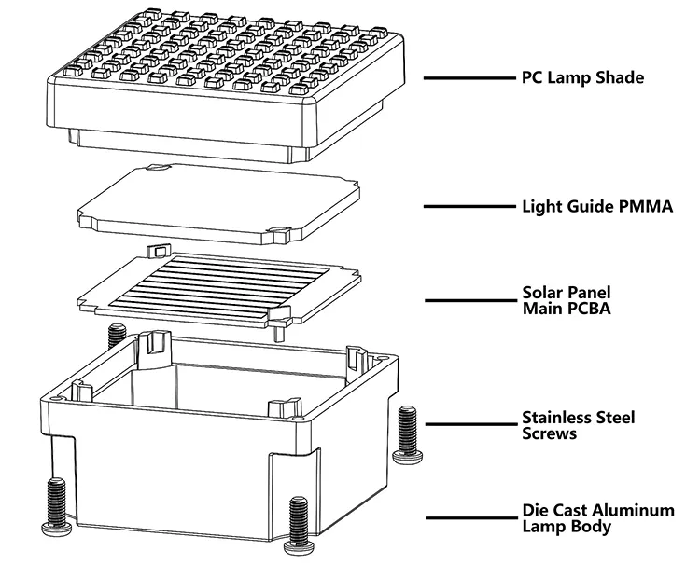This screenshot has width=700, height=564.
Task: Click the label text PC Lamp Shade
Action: click(x=583, y=77)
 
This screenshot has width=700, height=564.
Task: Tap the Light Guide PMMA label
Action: click(x=597, y=206)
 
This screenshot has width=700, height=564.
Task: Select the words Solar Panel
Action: click(x=567, y=293)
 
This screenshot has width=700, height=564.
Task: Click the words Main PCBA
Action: click(x=567, y=309)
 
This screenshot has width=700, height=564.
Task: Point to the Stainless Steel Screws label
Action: click(x=579, y=425)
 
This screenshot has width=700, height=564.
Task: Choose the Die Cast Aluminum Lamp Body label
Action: click(x=598, y=518)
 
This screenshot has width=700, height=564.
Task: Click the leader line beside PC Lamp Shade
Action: click(x=469, y=78)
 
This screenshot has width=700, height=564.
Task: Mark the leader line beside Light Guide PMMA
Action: click(x=469, y=206)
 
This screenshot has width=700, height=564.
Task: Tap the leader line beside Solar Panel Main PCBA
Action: click(x=470, y=300)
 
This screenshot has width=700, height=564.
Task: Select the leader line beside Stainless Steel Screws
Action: click(x=470, y=424)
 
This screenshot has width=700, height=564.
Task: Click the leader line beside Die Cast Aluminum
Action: click(x=470, y=518)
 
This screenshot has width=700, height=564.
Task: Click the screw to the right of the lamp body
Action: click(x=407, y=434)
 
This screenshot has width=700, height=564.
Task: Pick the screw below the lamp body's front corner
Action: click(x=299, y=526)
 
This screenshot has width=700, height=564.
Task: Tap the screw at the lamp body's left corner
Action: click(x=56, y=507)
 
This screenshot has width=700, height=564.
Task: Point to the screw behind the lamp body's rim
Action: click(x=117, y=336)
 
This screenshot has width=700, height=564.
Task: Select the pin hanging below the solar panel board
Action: click(x=278, y=332)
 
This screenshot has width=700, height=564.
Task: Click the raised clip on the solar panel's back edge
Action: click(x=158, y=250)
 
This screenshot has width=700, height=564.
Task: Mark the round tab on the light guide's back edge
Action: click(x=158, y=168)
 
